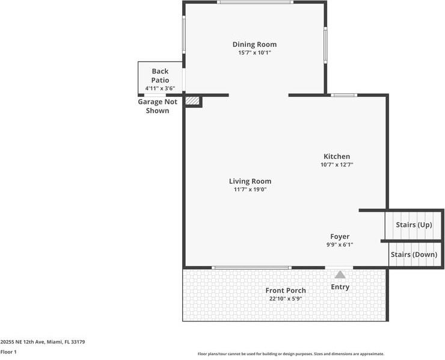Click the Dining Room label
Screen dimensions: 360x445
coord(254,45)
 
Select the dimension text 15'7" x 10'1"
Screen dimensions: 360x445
coord(254,53)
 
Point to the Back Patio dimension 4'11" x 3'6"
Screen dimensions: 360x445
coord(160,88)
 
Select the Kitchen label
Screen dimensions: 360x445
coord(337,157)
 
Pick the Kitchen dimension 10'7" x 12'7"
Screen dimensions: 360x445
coord(337,164)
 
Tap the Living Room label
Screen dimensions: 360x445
coord(250,181)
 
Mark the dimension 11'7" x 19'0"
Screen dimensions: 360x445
coord(250,190)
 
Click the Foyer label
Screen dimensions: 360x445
coord(340,237)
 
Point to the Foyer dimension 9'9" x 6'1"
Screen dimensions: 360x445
coord(340,245)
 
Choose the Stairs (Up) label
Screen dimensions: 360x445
coord(414,225)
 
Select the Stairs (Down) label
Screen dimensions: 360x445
coord(414,255)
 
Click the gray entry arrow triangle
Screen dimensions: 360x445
coord(340,275)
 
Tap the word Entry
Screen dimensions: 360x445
coord(340,287)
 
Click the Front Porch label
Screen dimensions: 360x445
coord(286,291)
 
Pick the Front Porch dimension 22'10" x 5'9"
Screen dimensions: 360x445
coord(286,299)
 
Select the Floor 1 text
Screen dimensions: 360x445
coord(8,352)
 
